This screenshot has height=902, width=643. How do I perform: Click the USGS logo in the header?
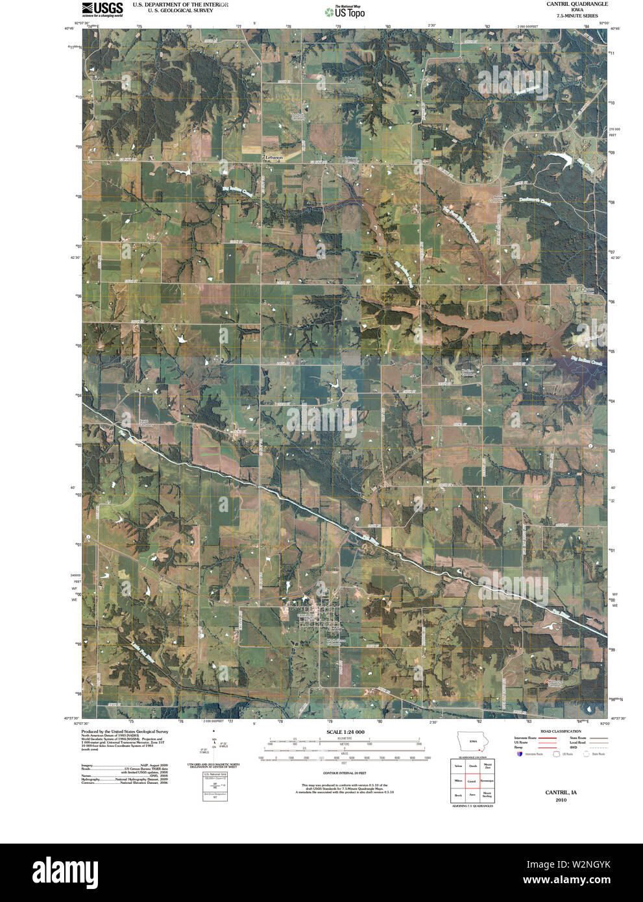[102, 8]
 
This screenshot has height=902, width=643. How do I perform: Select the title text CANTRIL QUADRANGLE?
[568, 4]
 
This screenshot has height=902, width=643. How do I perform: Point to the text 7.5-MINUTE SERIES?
[568, 16]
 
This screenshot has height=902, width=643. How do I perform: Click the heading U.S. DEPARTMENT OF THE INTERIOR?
[180, 5]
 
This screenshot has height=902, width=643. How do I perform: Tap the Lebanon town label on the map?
[274, 158]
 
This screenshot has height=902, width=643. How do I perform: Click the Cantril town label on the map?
[334, 629]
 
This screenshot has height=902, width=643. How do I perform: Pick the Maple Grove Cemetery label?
[335, 641]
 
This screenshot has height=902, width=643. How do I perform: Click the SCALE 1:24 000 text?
[345, 732]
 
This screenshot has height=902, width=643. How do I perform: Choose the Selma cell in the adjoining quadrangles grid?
[458, 766]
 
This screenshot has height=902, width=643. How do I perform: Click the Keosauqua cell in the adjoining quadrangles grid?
[487, 781]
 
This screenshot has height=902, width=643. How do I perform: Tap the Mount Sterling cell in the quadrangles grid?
[487, 795]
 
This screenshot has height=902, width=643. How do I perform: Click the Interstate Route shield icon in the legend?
[519, 754]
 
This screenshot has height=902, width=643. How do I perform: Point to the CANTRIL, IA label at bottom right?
[561, 792]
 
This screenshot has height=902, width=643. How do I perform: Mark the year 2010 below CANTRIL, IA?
[561, 800]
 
